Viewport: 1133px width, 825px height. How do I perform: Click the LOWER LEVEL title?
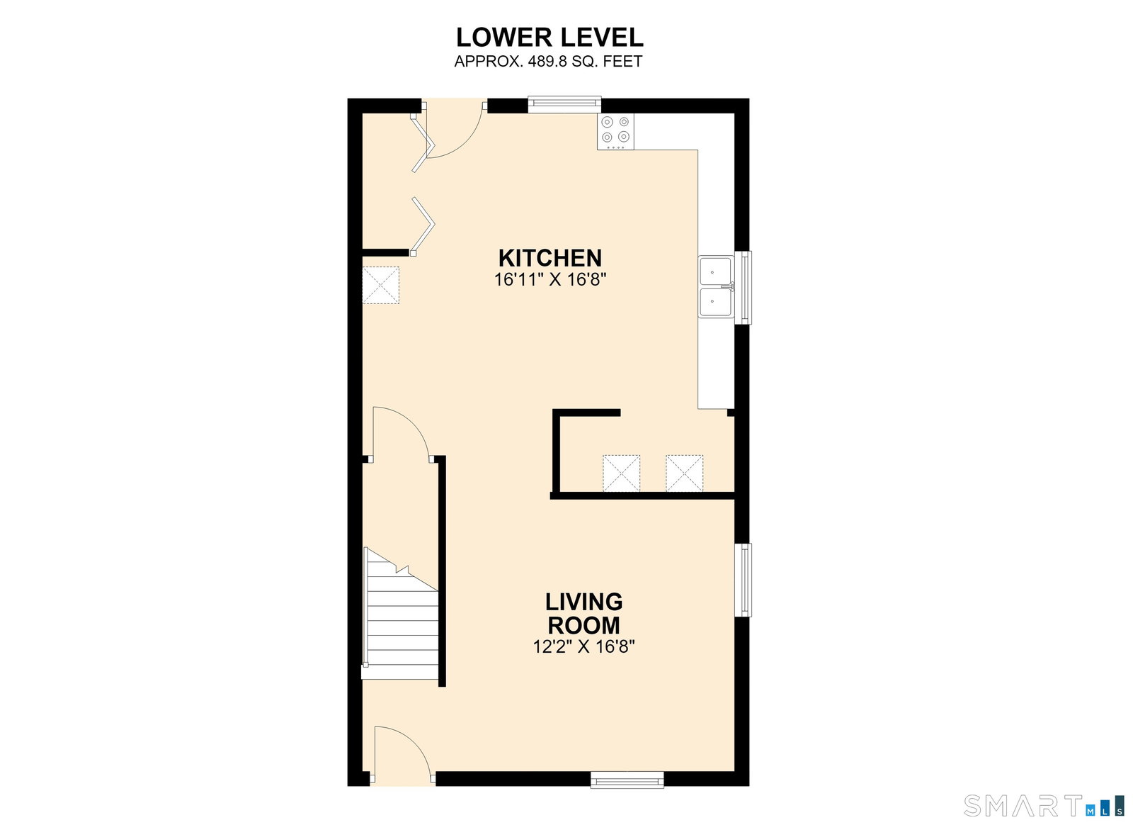click(550, 38)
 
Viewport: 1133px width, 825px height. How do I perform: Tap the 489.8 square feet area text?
click(548, 61)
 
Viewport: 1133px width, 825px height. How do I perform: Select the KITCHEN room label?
click(550, 258)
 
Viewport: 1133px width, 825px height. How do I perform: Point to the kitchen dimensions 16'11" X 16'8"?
click(550, 279)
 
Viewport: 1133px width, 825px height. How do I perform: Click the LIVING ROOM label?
click(583, 614)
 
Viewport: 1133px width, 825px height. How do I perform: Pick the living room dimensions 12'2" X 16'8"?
click(583, 647)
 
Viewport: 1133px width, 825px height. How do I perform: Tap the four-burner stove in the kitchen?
click(615, 131)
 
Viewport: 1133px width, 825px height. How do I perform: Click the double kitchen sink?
click(716, 287)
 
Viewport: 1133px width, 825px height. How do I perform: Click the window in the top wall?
click(564, 104)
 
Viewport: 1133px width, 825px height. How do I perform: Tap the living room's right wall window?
click(743, 580)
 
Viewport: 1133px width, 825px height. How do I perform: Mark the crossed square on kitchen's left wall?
click(381, 286)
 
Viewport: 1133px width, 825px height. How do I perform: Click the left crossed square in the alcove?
click(621, 473)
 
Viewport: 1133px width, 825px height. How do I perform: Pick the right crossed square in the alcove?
click(684, 473)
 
